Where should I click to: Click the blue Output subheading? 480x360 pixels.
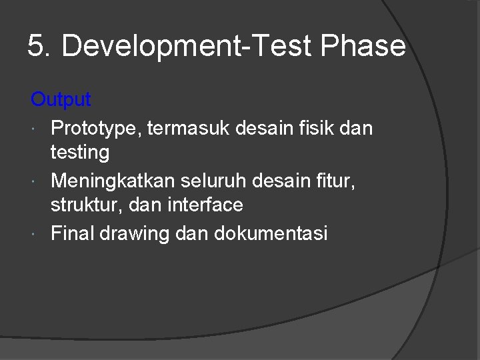[61, 100]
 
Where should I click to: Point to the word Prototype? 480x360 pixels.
[93, 127]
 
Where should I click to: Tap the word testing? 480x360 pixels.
[80, 153]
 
